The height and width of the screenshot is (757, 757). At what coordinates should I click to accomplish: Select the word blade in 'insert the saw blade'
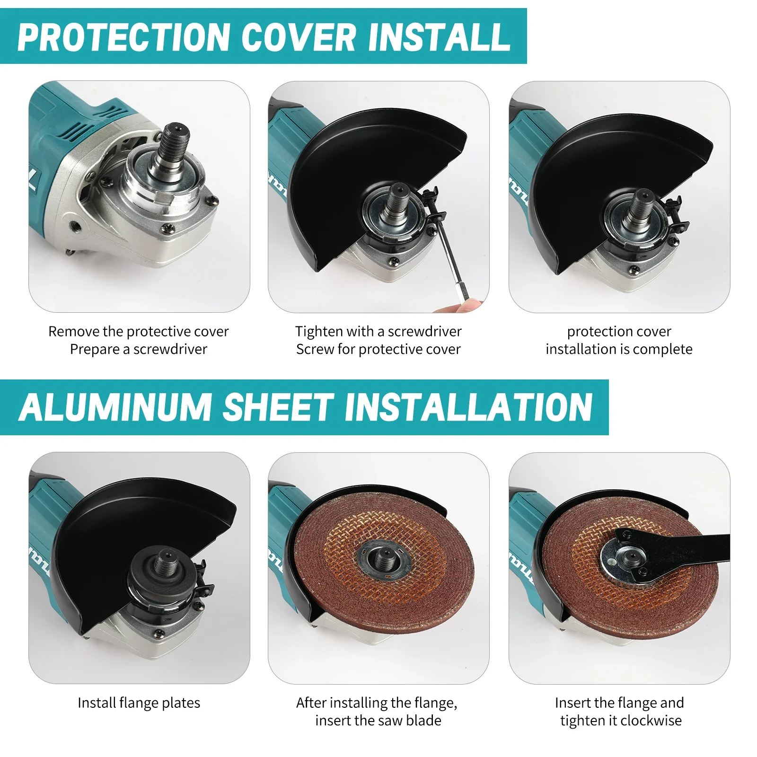tap(424, 721)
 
